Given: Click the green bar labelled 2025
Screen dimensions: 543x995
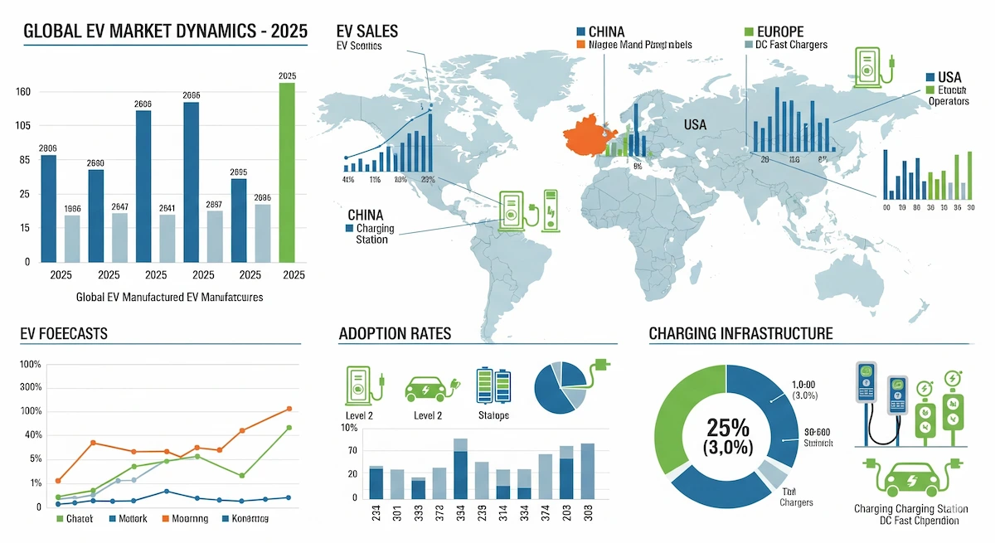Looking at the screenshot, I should point(287,172).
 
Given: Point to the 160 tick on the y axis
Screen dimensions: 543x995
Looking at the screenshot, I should point(22,91).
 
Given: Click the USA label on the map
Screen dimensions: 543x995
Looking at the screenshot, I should point(695,124).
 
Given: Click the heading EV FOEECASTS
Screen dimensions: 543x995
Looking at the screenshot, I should point(64,334).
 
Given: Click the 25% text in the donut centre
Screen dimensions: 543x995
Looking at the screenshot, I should point(727,428).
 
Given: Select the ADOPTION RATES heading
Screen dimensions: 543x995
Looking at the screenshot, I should point(395,334).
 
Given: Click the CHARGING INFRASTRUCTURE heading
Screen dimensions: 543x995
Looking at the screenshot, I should point(740,334).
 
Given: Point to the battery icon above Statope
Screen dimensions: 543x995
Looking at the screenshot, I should point(493,385).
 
